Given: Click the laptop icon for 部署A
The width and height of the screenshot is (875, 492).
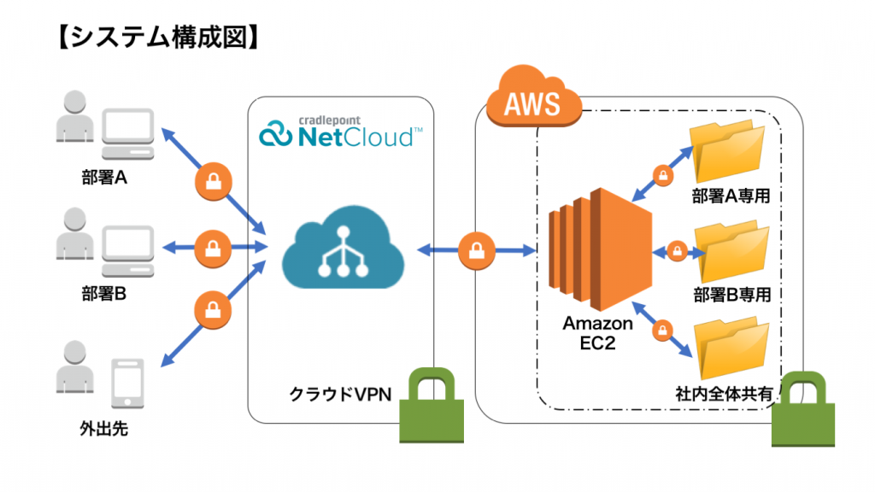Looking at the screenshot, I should point(127,135).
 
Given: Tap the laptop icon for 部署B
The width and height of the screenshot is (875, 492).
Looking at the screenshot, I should point(127,250).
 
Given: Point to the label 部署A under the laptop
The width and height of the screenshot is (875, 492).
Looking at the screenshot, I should point(104,180).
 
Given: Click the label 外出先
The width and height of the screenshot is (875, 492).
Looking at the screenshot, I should point(103,429).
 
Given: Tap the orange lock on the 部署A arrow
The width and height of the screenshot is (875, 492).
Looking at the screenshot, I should point(209,180).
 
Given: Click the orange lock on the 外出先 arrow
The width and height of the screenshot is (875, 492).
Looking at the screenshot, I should point(209,307).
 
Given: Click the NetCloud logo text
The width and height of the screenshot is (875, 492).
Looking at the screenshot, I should point(342,132).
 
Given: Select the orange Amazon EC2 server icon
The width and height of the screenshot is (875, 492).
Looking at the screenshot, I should point(599,248).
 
